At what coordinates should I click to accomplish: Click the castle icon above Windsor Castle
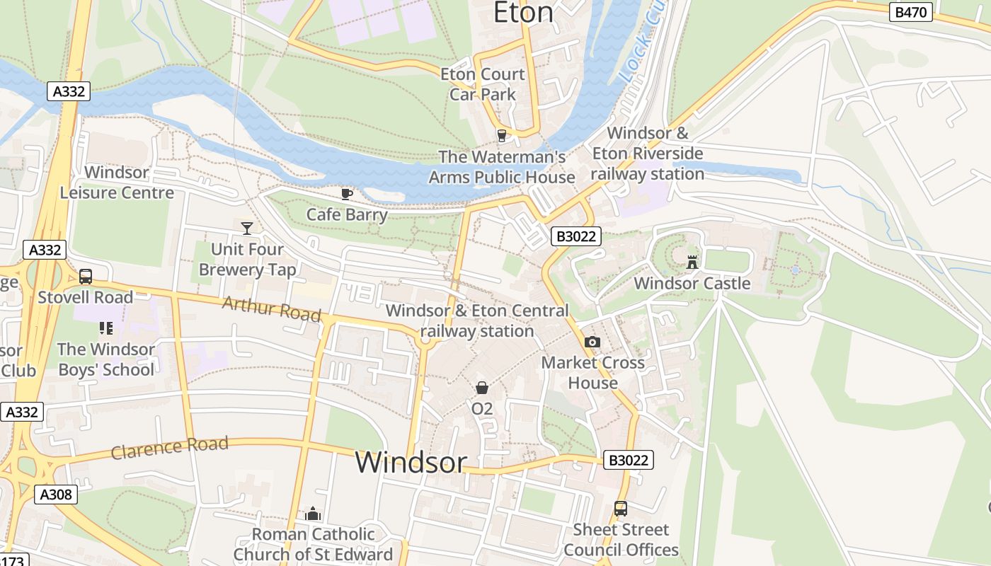(x=692, y=262)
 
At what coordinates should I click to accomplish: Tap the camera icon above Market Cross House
(x=592, y=342)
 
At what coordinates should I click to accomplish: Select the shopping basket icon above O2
(x=482, y=388)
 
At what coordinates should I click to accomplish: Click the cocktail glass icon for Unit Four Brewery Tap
(x=247, y=228)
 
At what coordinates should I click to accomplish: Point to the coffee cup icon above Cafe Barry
(x=347, y=194)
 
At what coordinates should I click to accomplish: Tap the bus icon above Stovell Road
(x=86, y=277)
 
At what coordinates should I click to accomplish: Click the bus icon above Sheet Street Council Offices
(x=621, y=509)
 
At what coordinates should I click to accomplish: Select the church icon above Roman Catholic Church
(x=313, y=514)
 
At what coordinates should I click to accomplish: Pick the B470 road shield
(x=911, y=12)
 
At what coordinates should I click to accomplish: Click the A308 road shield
(x=56, y=495)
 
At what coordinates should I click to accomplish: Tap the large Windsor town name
(x=411, y=462)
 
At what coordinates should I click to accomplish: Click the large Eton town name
(x=523, y=13)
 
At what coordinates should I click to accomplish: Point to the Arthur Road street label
(x=271, y=309)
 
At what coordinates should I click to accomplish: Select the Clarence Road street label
(x=169, y=448)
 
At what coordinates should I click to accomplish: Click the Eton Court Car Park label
(x=483, y=84)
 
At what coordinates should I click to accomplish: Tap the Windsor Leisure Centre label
(x=117, y=183)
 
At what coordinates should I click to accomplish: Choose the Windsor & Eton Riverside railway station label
(x=647, y=154)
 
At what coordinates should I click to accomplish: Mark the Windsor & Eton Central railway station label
(x=477, y=320)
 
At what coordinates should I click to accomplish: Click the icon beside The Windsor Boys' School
(x=106, y=328)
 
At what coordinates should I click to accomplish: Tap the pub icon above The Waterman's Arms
(x=502, y=135)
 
